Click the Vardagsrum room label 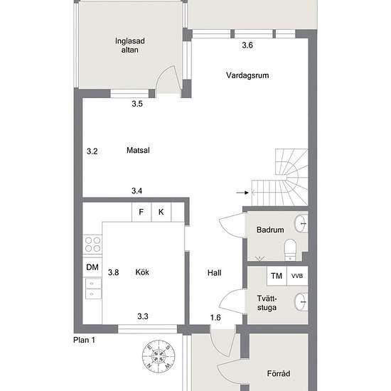(247, 75)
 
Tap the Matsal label (138, 150)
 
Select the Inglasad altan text (129, 45)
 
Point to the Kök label (142, 272)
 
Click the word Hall (214, 273)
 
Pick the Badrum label (270, 230)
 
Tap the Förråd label (279, 373)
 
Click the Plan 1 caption (85, 340)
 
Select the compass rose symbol (159, 356)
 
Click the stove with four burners (92, 245)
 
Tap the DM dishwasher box (92, 267)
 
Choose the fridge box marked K (161, 212)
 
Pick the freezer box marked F (141, 212)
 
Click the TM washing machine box (277, 276)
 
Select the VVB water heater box (297, 276)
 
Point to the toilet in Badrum (290, 250)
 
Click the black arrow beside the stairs (242, 193)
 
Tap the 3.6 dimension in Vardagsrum (247, 45)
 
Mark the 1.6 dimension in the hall (215, 318)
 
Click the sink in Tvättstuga (301, 301)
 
